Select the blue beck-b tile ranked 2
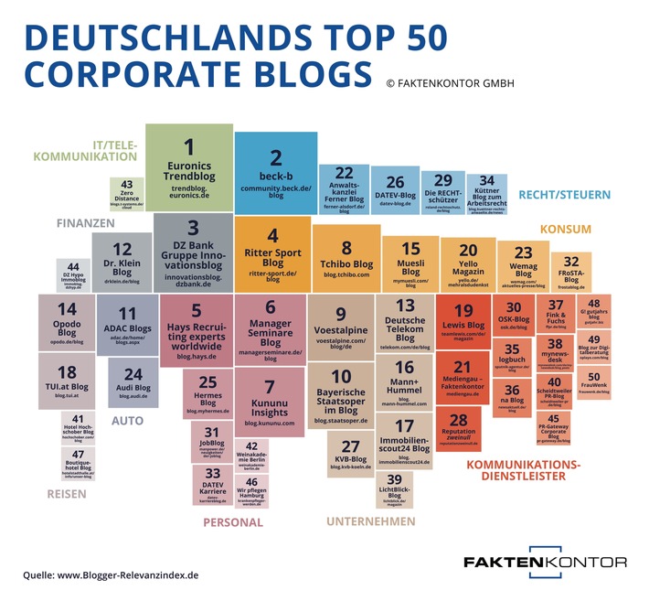coord(275,171)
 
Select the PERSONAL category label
coord(232,522)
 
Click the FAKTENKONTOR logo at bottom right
coord(545,562)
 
